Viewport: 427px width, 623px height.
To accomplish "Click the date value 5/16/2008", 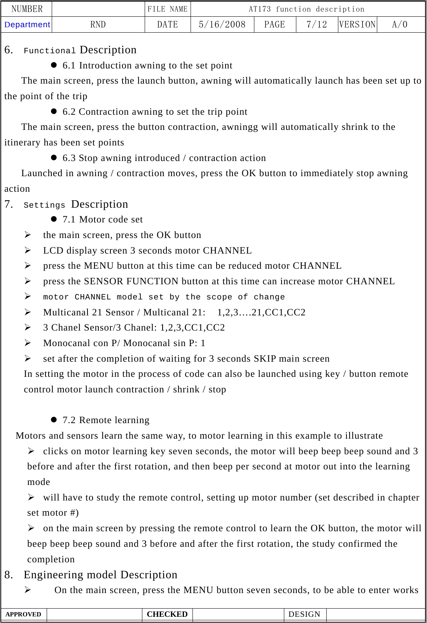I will tap(222, 24).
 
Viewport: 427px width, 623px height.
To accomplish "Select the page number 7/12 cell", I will tap(317, 24).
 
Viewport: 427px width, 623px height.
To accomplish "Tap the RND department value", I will tap(98, 24).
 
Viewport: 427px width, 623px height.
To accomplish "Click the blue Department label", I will tap(27, 24).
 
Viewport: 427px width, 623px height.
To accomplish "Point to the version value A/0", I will tap(400, 24).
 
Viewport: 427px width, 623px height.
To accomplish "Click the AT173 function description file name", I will tap(306, 9).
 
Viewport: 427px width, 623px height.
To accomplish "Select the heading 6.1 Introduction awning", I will tap(147, 65).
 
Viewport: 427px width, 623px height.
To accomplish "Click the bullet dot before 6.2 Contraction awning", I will tap(54, 111).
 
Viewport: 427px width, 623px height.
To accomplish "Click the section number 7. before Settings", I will tap(9, 204).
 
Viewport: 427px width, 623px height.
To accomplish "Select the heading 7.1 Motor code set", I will tap(103, 219).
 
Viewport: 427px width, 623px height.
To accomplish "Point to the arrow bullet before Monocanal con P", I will tap(28, 343).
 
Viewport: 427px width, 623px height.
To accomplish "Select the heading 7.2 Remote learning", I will tap(106, 420).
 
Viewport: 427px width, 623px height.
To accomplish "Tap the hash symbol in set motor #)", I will tap(73, 513).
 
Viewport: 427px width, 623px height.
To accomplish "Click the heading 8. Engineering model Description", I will tap(91, 574).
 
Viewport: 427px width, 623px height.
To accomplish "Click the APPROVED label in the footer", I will tap(23, 614).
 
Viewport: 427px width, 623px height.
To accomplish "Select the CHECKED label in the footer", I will tap(167, 614).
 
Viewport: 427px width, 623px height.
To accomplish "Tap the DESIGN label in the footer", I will tap(304, 614).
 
